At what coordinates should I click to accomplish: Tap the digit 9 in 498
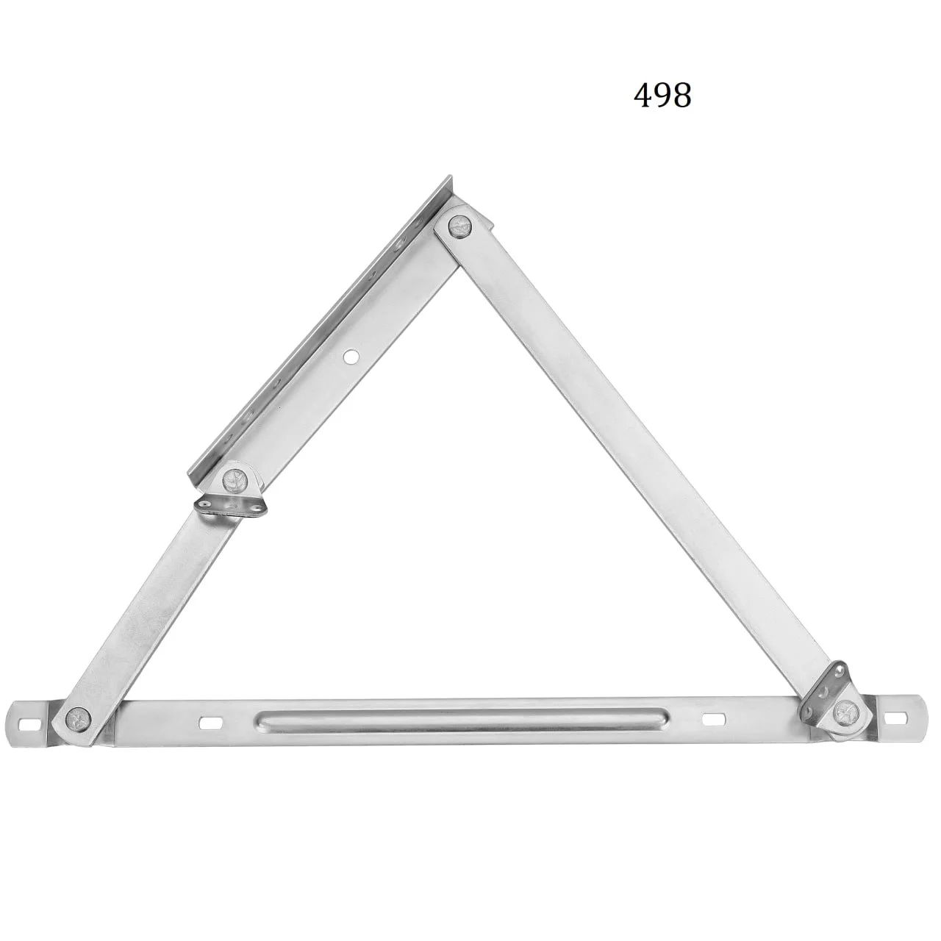tap(662, 96)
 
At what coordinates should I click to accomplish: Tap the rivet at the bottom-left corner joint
tap(78, 719)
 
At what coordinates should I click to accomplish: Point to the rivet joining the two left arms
tap(235, 479)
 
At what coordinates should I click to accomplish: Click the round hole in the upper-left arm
tap(350, 357)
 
